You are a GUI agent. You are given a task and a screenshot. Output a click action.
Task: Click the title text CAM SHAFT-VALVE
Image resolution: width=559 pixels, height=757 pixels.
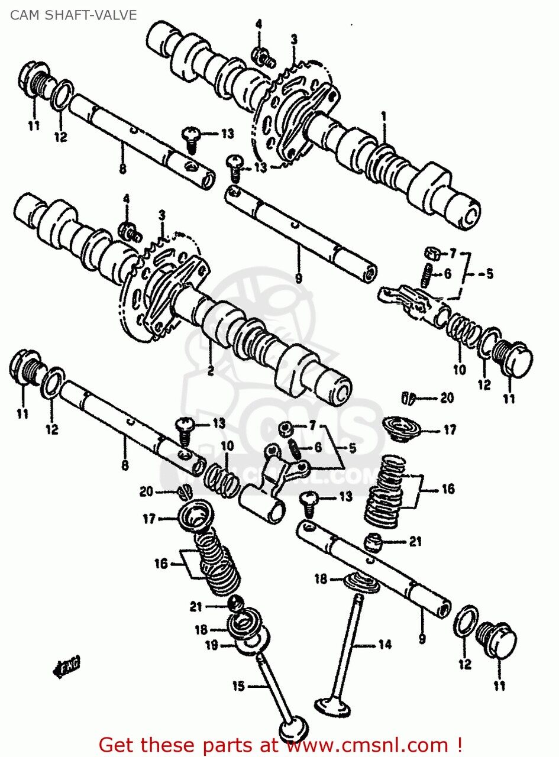pyautogui.click(x=73, y=15)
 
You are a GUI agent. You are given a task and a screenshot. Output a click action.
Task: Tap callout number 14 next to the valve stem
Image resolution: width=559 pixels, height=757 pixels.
pyautogui.click(x=384, y=645)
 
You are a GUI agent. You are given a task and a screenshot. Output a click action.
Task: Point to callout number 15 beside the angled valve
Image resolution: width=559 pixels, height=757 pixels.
pyautogui.click(x=238, y=686)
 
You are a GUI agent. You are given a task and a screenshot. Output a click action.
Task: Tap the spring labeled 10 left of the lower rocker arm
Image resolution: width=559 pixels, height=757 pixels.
pyautogui.click(x=222, y=477)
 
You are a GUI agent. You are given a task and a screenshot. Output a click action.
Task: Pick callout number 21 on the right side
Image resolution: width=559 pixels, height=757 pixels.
pyautogui.click(x=415, y=541)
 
